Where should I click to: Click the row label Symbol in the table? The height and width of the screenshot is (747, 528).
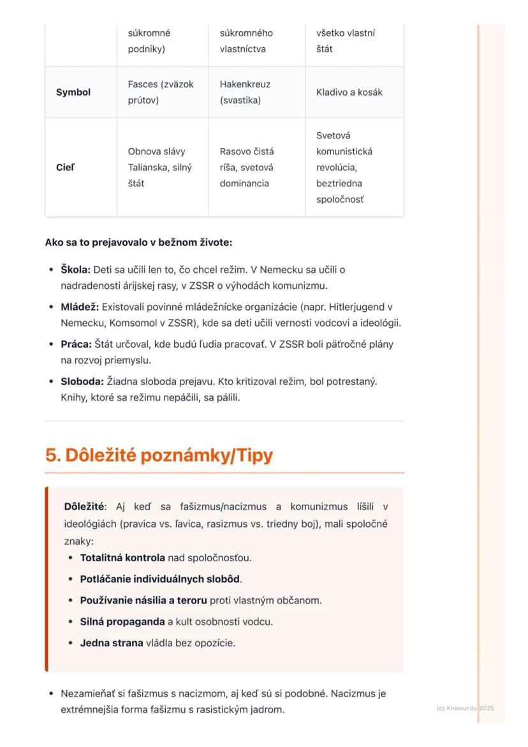73,92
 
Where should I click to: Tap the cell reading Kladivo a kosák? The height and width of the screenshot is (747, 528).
349,92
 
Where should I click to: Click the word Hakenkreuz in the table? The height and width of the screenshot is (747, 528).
245,84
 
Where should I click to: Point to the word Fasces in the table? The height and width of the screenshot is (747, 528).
142,84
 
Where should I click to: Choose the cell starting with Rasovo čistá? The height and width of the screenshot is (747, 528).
247,168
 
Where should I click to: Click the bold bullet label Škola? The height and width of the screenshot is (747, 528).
75,270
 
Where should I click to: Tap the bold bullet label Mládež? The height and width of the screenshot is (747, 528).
80,307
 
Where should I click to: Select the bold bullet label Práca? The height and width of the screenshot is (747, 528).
76,344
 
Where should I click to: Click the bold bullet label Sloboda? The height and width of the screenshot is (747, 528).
82,381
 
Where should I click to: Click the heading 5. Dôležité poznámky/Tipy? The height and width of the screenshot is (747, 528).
159,455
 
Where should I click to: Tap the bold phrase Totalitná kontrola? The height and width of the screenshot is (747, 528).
122,558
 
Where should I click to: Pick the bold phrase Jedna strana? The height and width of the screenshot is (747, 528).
111,643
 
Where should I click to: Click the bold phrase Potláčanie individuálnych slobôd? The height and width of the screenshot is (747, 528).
159,579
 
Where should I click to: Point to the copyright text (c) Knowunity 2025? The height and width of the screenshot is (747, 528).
465,708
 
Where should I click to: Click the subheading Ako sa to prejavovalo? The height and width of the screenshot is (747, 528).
138,243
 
